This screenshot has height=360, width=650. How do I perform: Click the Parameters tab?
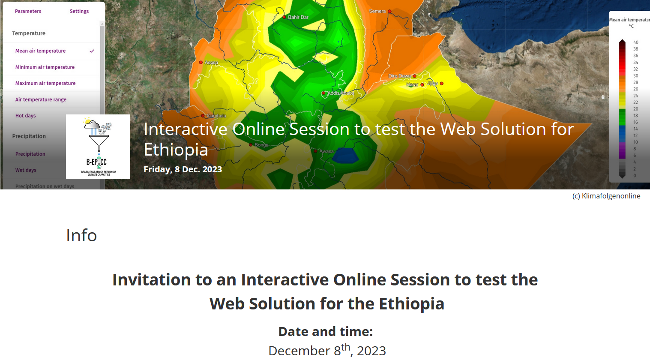point(28,11)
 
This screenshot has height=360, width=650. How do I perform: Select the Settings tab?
point(79,11)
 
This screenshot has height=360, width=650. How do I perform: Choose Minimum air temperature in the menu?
point(45,67)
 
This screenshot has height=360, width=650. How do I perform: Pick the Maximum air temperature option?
point(45,84)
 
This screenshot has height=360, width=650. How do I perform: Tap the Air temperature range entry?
point(41,100)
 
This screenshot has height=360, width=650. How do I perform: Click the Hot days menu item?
point(26,116)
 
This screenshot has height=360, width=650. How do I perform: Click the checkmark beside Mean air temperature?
point(92,51)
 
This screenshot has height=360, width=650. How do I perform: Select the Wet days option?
point(26,170)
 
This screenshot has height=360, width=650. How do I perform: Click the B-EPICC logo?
point(98,147)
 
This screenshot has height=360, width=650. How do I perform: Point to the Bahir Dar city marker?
point(284,17)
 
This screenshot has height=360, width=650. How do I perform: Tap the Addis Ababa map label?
point(341,93)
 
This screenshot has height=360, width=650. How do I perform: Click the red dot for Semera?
point(389,12)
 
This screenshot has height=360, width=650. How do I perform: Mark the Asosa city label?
point(211,63)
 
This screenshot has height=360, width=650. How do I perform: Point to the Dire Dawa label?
point(399,76)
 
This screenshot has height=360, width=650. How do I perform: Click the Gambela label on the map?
point(216,116)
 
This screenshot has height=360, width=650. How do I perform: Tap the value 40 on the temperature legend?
point(636,42)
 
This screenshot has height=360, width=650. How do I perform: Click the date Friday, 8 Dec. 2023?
point(183,169)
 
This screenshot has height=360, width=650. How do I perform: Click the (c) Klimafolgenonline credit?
point(606,196)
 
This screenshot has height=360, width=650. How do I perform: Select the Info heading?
point(81,235)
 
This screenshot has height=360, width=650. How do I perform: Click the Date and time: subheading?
point(325,331)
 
